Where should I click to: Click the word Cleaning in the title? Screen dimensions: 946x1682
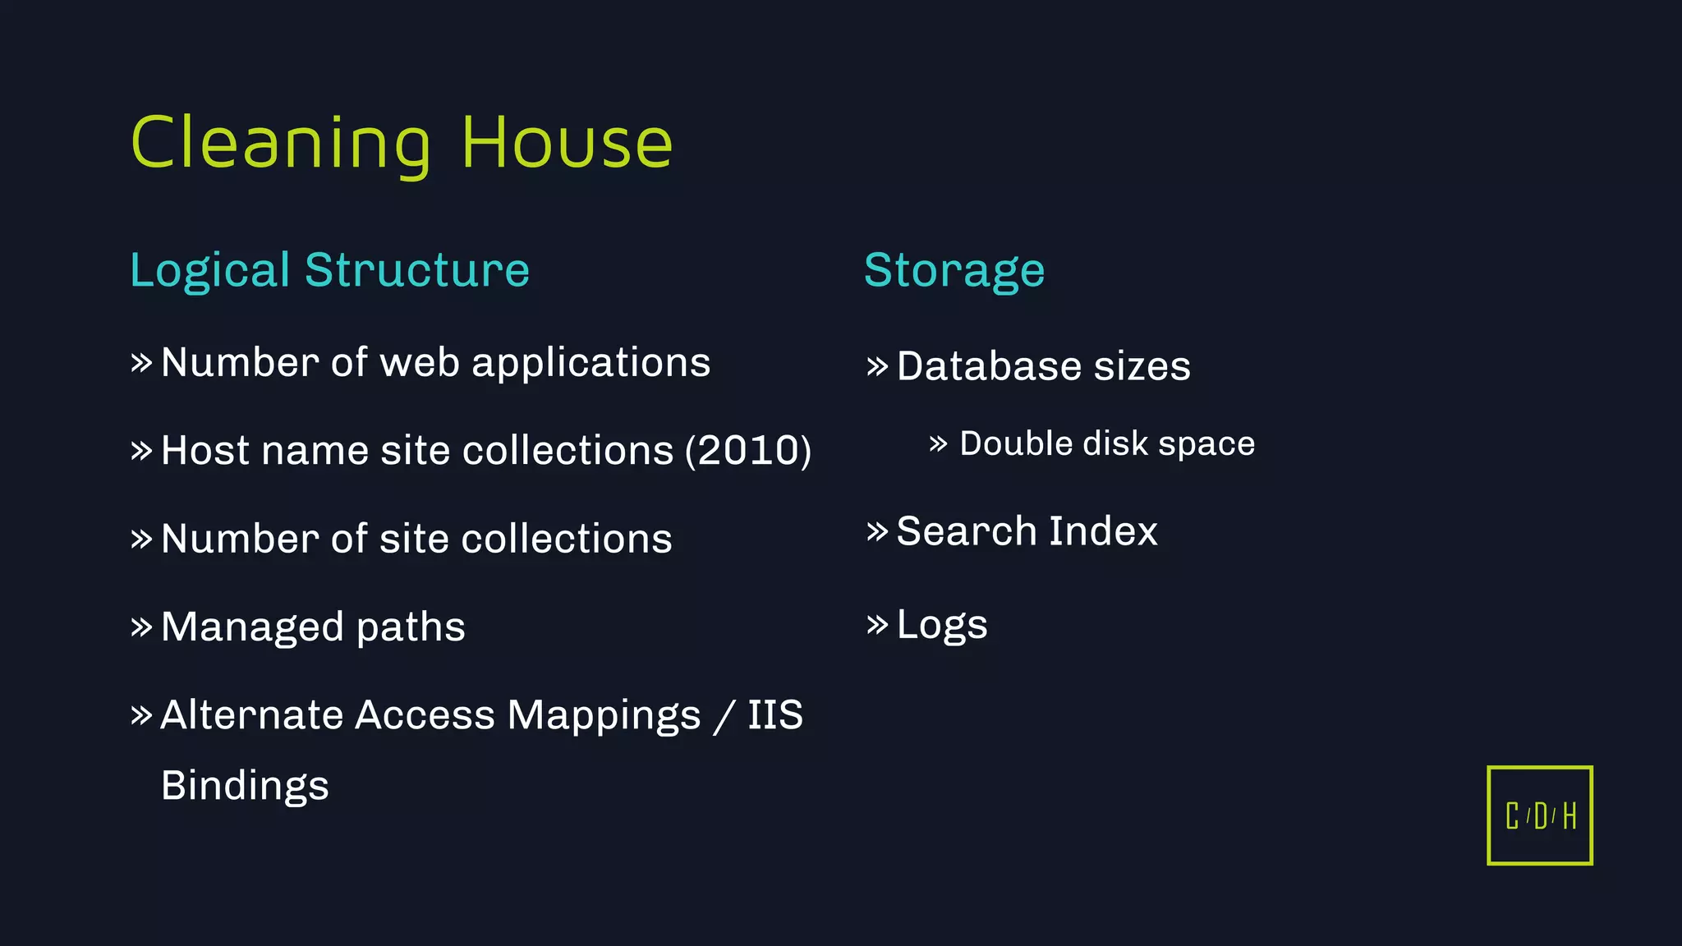click(280, 145)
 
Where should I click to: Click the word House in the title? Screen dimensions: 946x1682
click(567, 145)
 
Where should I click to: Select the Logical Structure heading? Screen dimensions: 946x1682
click(329, 270)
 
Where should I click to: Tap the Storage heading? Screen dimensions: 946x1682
click(954, 270)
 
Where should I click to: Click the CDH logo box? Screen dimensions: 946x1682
click(1540, 815)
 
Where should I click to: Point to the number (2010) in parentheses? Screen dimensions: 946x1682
click(748, 451)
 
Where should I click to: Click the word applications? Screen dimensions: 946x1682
click(591, 363)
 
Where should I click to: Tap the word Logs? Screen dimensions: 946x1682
click(942, 625)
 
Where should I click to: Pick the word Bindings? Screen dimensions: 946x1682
click(245, 786)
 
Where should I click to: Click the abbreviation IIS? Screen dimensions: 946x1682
click(774, 715)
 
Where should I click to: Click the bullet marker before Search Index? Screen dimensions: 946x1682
click(877, 531)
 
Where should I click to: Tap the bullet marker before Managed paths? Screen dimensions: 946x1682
click(141, 627)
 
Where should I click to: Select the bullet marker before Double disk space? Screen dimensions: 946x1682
click(938, 444)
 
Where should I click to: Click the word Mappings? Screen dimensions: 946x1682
click(604, 715)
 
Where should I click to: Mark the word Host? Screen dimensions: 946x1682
click(205, 451)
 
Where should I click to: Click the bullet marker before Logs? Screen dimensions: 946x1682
click(877, 625)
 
